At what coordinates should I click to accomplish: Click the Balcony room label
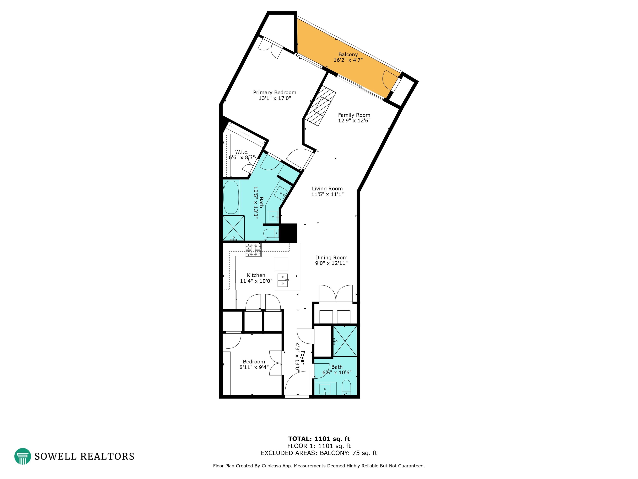pos(348,54)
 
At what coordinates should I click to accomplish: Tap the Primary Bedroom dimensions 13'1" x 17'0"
pos(275,98)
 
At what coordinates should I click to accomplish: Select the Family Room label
pos(354,115)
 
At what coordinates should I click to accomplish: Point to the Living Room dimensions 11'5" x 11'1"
pos(327,194)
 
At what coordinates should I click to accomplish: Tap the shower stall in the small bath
pos(345,341)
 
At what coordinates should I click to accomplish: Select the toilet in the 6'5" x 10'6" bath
pos(346,387)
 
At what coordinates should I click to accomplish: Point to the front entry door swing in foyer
pos(296,384)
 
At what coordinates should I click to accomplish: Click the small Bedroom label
pos(254,362)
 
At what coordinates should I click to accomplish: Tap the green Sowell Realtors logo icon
pos(22,456)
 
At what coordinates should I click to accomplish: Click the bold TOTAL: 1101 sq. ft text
pos(319,439)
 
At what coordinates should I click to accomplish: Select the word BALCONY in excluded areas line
pos(335,453)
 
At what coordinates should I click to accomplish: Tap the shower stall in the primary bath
pos(233,228)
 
